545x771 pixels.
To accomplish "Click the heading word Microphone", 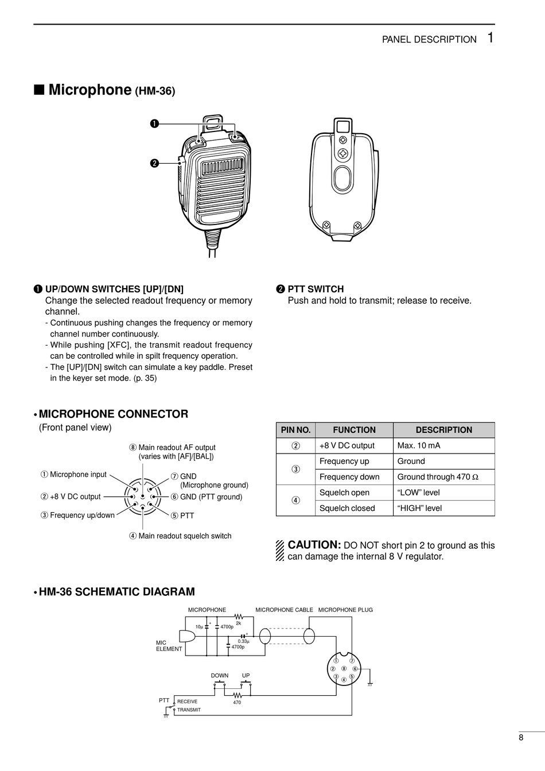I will (90, 90).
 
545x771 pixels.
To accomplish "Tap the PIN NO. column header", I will (295, 430).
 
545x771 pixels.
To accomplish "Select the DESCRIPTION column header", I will (443, 430).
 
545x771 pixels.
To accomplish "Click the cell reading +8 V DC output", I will (347, 445).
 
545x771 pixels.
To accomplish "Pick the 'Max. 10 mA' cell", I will (419, 445).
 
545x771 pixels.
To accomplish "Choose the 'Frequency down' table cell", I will (349, 477).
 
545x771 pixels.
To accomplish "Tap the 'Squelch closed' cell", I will (347, 508).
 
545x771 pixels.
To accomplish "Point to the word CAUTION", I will (314, 545).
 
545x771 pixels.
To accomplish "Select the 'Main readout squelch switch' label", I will (184, 536).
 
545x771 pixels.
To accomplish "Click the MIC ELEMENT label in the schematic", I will (169, 646).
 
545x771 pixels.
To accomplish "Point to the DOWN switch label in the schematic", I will (219, 676).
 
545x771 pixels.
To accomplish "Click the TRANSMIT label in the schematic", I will (189, 710).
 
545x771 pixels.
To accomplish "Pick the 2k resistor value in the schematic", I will (239, 623).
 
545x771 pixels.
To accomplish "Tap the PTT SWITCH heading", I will (316, 289).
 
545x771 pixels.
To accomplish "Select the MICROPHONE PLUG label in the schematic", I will (345, 610).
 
